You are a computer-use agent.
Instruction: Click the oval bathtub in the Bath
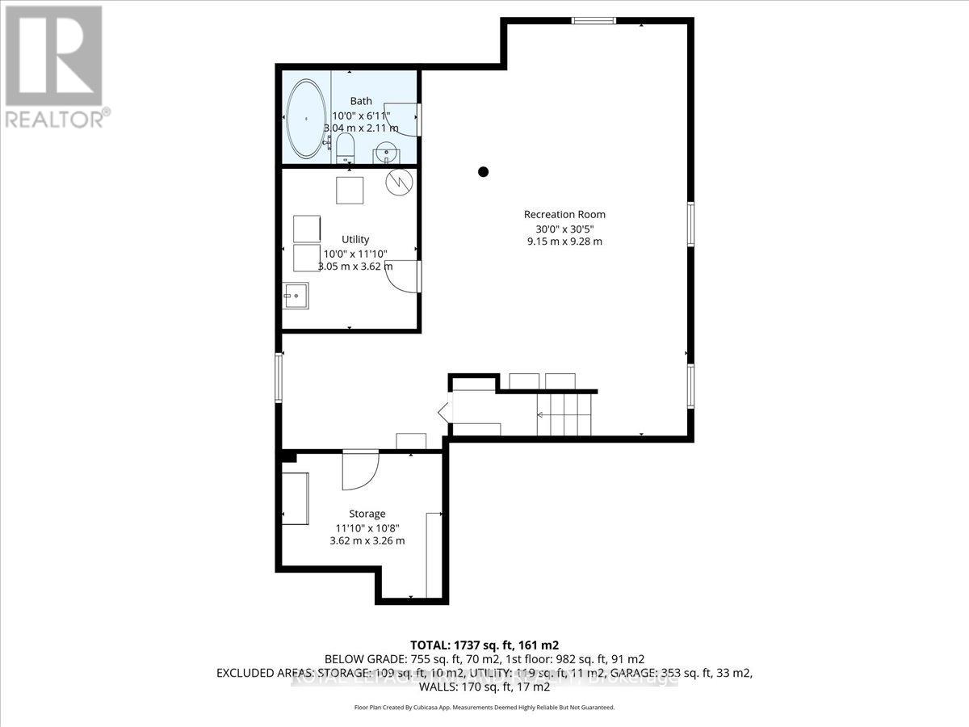[307, 119]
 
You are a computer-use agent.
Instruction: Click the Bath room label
[361, 101]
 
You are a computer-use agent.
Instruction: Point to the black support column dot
[483, 170]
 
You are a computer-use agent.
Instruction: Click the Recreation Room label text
[564, 214]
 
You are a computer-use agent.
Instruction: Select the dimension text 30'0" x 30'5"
[564, 228]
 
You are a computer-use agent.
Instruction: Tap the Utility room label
[355, 239]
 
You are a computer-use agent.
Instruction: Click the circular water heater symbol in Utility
[398, 182]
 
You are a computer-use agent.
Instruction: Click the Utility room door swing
[401, 276]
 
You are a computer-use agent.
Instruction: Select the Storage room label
[367, 514]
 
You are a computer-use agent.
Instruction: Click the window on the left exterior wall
[279, 378]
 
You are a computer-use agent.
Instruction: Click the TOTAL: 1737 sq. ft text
[484, 645]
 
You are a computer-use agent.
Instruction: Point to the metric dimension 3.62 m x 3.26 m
[367, 540]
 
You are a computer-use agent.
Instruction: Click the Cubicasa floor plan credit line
[484, 707]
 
